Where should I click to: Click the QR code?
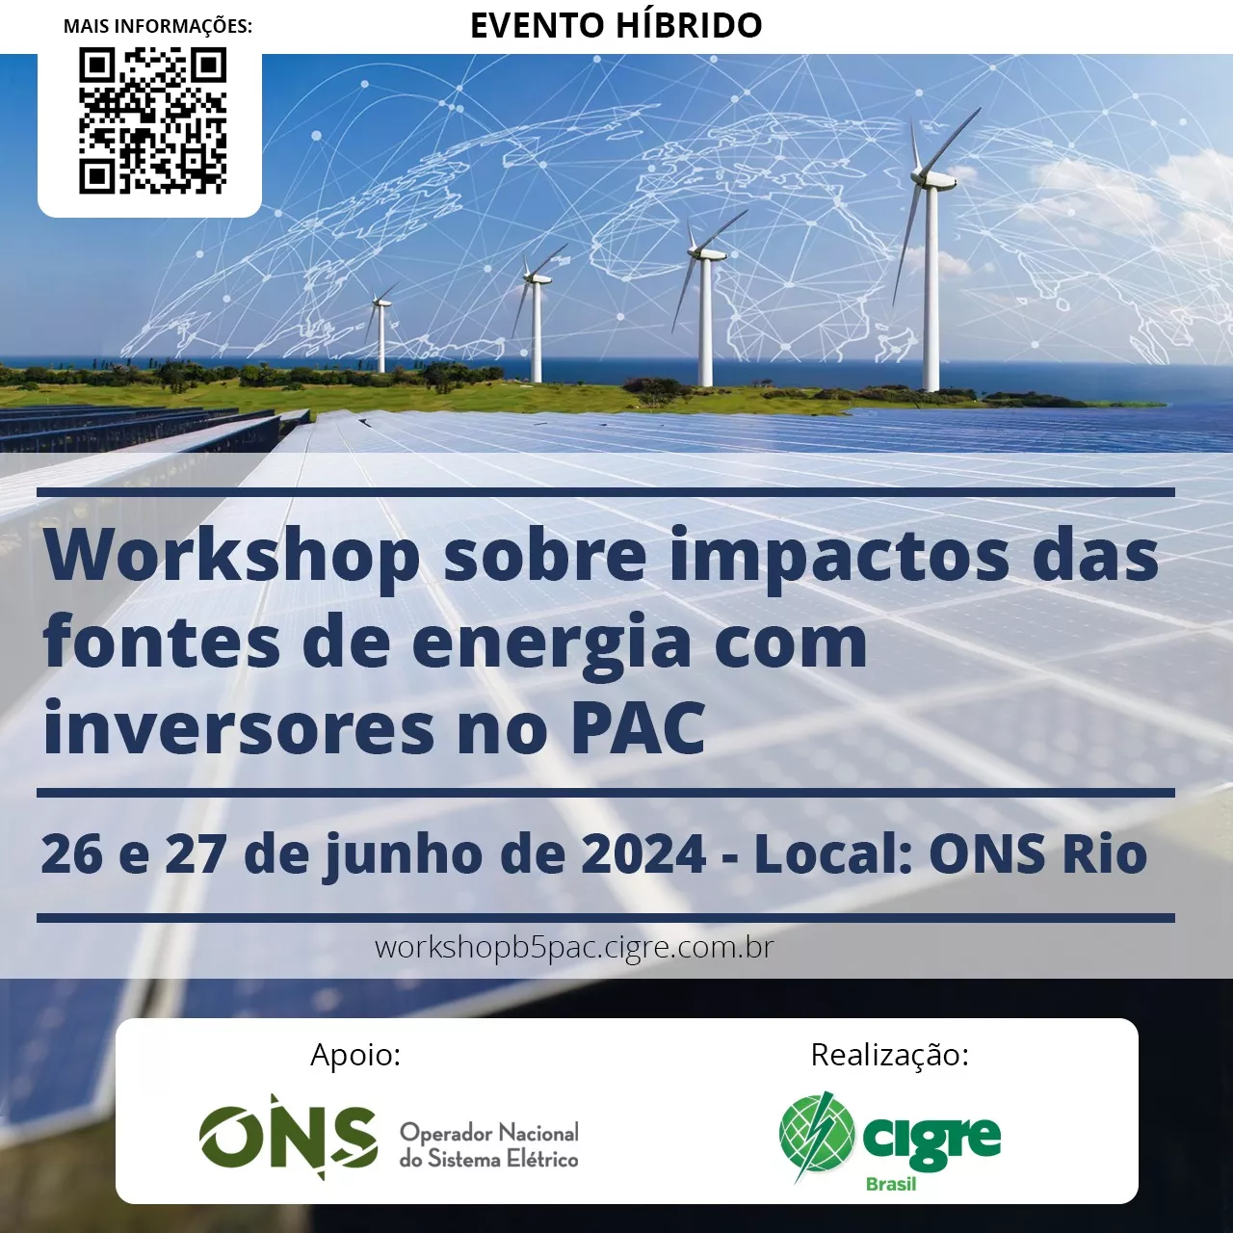(152, 121)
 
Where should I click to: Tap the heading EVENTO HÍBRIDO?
(616, 26)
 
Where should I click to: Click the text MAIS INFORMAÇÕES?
(158, 26)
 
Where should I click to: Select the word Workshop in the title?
(231, 557)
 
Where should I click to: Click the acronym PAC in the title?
(638, 728)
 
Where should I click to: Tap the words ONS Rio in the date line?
(1037, 853)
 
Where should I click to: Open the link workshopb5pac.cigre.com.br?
(574, 948)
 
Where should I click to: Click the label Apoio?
(355, 1055)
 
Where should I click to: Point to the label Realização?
(890, 1056)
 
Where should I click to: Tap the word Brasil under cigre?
(891, 1185)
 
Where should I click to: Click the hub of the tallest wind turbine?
(931, 179)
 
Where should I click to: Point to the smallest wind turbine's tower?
(382, 338)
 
